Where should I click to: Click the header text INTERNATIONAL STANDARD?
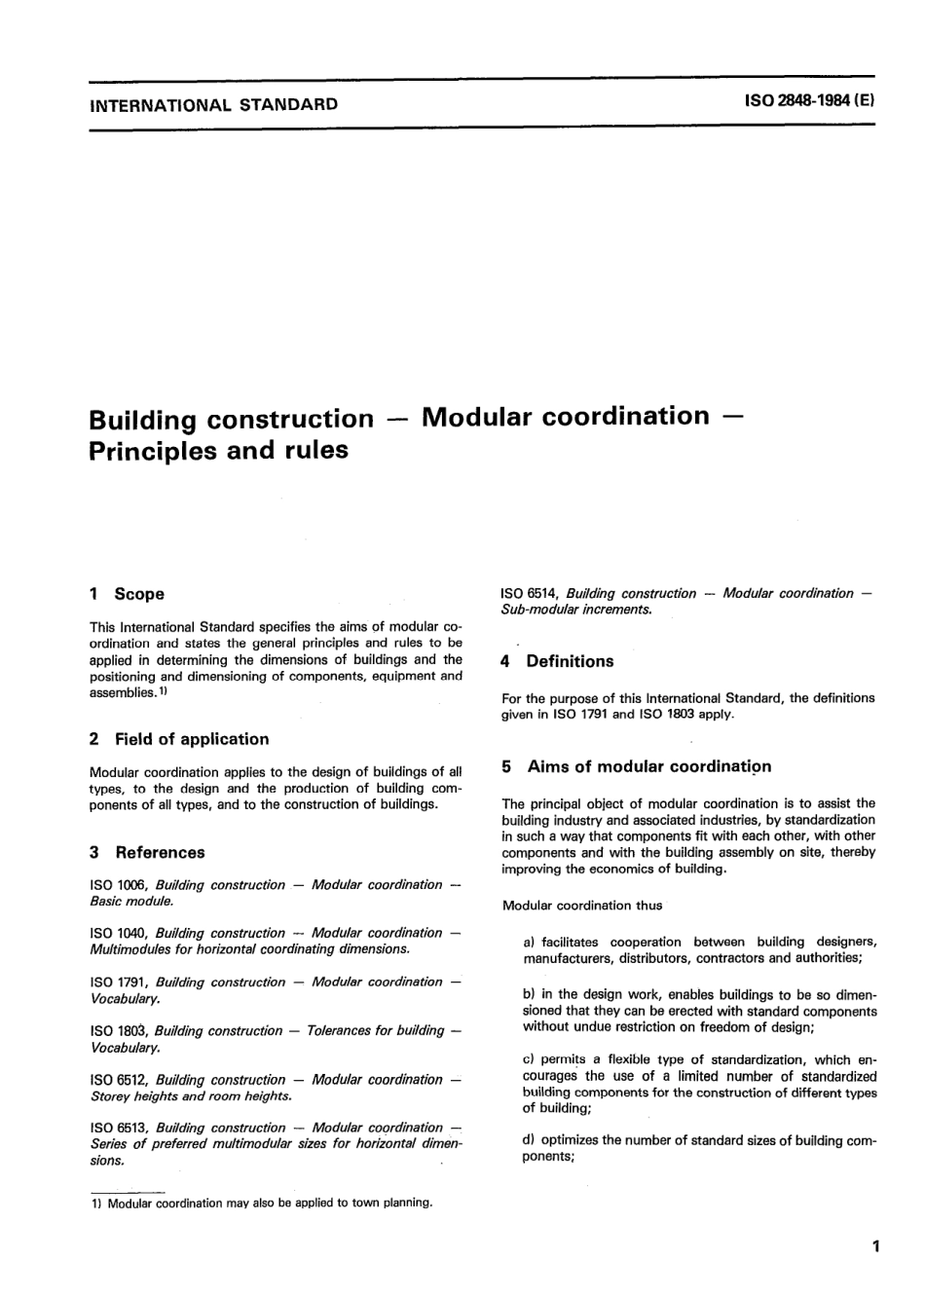213,104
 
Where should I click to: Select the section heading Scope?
139,594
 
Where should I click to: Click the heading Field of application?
191,739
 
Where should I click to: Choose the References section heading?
160,853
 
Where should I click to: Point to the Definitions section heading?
570,661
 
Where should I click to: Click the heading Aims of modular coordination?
648,766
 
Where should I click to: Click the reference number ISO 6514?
530,593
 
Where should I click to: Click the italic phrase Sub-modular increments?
574,610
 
